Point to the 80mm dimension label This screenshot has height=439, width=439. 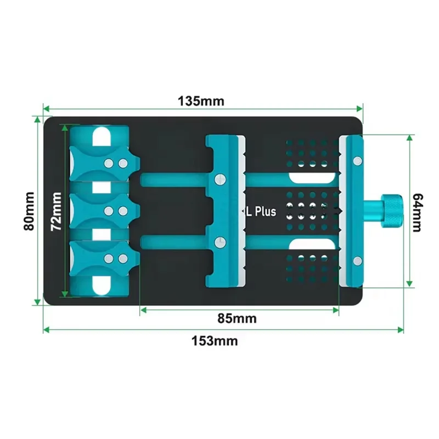coord(29,210)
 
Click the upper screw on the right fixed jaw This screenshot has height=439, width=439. coord(357,160)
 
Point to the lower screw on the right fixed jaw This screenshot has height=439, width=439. coord(357,260)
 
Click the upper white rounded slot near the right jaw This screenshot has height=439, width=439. coord(313,178)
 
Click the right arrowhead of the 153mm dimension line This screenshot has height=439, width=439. coord(401,330)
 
